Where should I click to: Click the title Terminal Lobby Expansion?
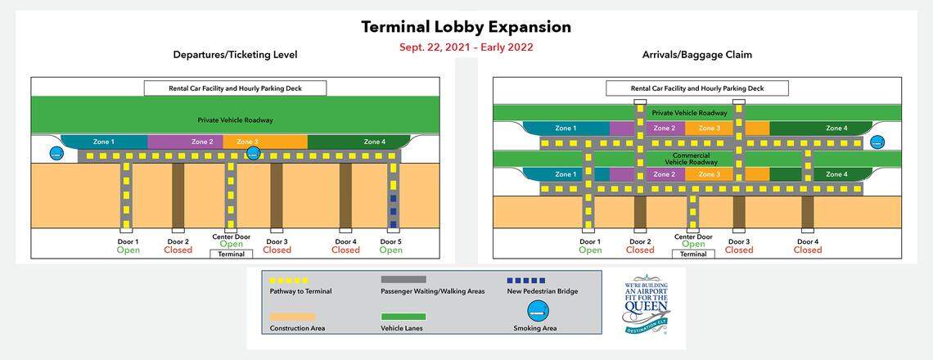pyautogui.click(x=466, y=26)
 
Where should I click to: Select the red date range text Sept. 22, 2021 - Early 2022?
pyautogui.click(x=466, y=47)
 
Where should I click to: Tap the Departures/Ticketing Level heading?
pyautogui.click(x=235, y=55)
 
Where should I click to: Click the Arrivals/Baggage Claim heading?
pyautogui.click(x=697, y=55)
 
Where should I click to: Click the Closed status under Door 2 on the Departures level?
pyautogui.click(x=178, y=250)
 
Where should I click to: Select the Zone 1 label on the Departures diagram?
pyautogui.click(x=103, y=142)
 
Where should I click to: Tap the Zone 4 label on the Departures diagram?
pyautogui.click(x=374, y=142)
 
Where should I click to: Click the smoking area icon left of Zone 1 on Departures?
pyautogui.click(x=57, y=153)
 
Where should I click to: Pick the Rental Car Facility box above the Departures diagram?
pyautogui.click(x=235, y=88)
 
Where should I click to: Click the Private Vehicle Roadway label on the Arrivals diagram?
pyautogui.click(x=689, y=113)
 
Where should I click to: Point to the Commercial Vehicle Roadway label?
pyautogui.click(x=690, y=158)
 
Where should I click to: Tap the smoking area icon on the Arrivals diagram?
pyautogui.click(x=877, y=142)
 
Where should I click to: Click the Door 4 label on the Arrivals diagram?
pyautogui.click(x=807, y=241)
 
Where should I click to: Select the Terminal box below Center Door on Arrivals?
pyautogui.click(x=692, y=254)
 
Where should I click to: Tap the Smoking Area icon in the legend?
pyautogui.click(x=538, y=310)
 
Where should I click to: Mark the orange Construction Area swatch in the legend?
pyautogui.click(x=291, y=317)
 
